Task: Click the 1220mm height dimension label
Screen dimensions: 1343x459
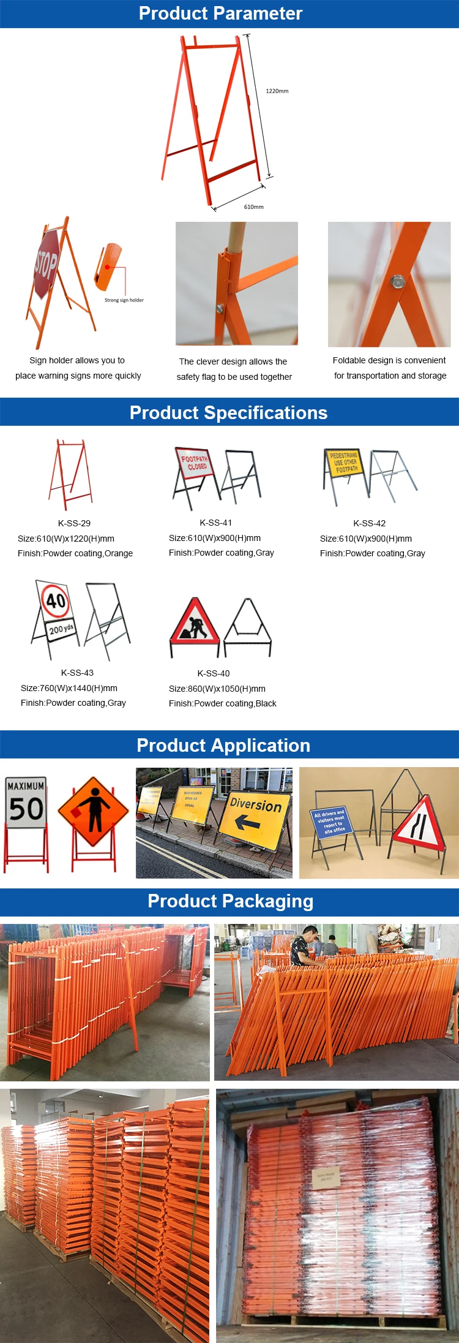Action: pos(277,91)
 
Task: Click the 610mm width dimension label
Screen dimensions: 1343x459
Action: pos(253,207)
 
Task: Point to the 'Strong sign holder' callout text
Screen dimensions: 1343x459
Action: pos(124,300)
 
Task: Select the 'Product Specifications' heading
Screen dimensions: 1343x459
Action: pos(228,412)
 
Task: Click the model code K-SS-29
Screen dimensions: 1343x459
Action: pos(74,523)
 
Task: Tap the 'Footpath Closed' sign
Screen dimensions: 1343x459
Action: pos(194,463)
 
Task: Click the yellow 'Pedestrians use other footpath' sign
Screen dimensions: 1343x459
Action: pos(345,463)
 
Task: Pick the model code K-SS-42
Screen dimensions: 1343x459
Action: pos(369,523)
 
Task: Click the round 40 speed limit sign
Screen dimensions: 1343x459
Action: pos(56,600)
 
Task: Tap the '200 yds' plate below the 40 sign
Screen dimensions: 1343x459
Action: pos(61,629)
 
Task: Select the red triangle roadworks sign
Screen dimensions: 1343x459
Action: pos(195,622)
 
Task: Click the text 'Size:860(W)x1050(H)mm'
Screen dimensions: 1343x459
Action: pos(217,689)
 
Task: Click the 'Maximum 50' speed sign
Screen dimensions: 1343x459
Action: pos(26,802)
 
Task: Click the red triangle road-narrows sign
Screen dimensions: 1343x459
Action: pos(419,821)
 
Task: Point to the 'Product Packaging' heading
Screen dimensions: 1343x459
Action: pos(230,901)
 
